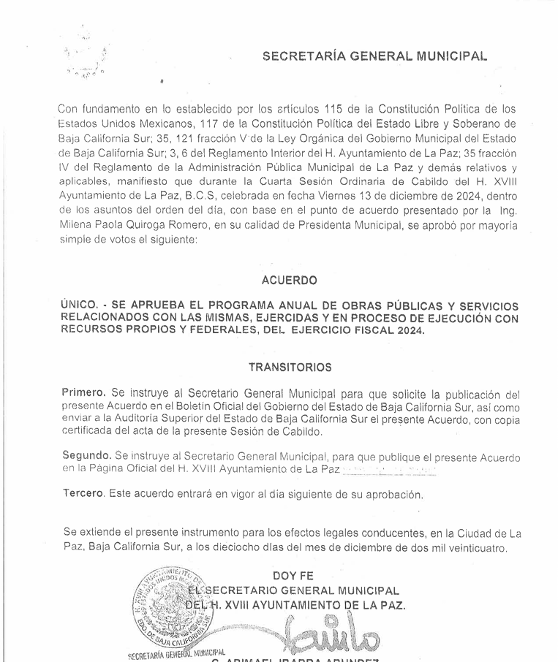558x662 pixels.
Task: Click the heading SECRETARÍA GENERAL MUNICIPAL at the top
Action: (375, 56)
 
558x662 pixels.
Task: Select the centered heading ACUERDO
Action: (289, 280)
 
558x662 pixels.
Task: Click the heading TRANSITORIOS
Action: (289, 367)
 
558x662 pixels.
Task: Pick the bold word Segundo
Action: (86, 457)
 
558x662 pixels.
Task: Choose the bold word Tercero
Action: (83, 495)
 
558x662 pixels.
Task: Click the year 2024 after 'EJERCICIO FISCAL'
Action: (411, 330)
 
